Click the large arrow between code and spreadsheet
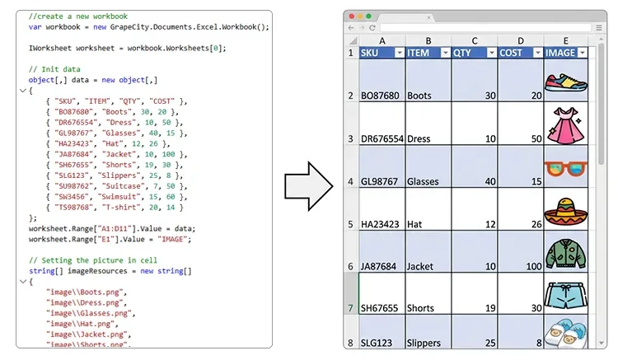coord(309,186)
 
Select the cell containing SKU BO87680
coord(382,81)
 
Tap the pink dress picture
coord(565,125)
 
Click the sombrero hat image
coord(565,212)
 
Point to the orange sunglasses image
coord(565,169)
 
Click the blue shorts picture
coord(565,295)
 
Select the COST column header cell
coord(521,53)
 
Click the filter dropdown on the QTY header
coord(491,53)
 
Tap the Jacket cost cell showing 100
coord(521,252)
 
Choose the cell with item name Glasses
coord(428,166)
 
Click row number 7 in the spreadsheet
coord(350,308)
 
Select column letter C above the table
coord(475,40)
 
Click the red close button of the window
coord(352,16)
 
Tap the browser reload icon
coord(372,27)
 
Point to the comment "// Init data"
coord(54,69)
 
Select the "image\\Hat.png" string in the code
coord(81,324)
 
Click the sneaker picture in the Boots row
coord(565,82)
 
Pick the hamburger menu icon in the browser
coord(599,27)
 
